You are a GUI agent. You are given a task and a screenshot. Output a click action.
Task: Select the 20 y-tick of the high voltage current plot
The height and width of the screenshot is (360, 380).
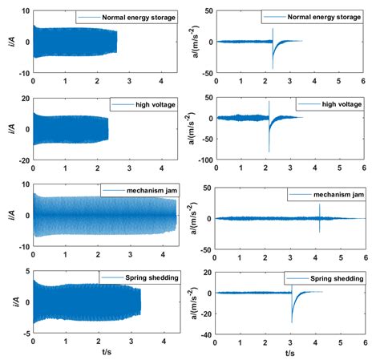22,98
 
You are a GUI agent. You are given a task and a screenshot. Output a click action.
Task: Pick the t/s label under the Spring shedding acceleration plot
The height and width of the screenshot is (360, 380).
289,352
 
